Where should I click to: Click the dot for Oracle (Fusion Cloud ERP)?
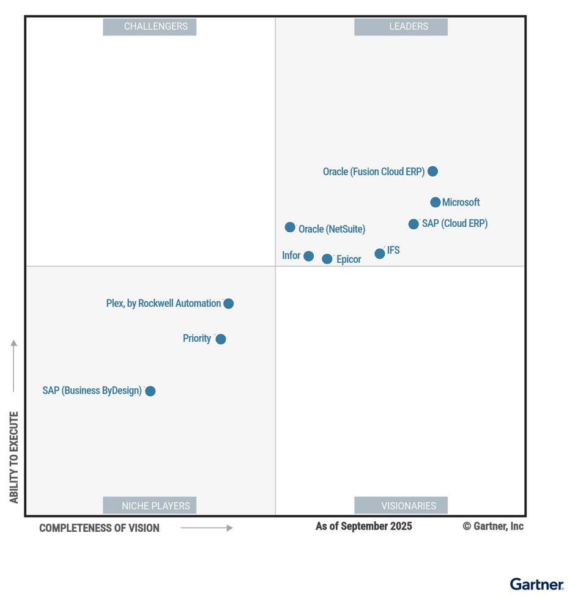point(432,171)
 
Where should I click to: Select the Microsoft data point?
point(435,202)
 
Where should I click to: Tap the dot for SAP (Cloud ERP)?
point(414,224)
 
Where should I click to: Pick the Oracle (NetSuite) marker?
point(290,227)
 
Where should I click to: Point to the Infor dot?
point(308,256)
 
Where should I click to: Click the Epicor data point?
point(327,259)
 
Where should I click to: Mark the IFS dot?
point(379,254)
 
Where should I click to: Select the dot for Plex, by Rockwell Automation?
point(228,304)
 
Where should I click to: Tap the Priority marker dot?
point(221,339)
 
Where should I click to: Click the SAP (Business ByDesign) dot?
point(150,391)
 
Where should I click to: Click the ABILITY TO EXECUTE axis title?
point(14,457)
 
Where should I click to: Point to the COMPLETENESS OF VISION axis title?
point(99,528)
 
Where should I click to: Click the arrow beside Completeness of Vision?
point(207,528)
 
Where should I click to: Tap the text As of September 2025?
point(363,526)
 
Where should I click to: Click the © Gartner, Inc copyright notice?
point(493,526)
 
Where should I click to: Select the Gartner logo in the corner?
point(536,584)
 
